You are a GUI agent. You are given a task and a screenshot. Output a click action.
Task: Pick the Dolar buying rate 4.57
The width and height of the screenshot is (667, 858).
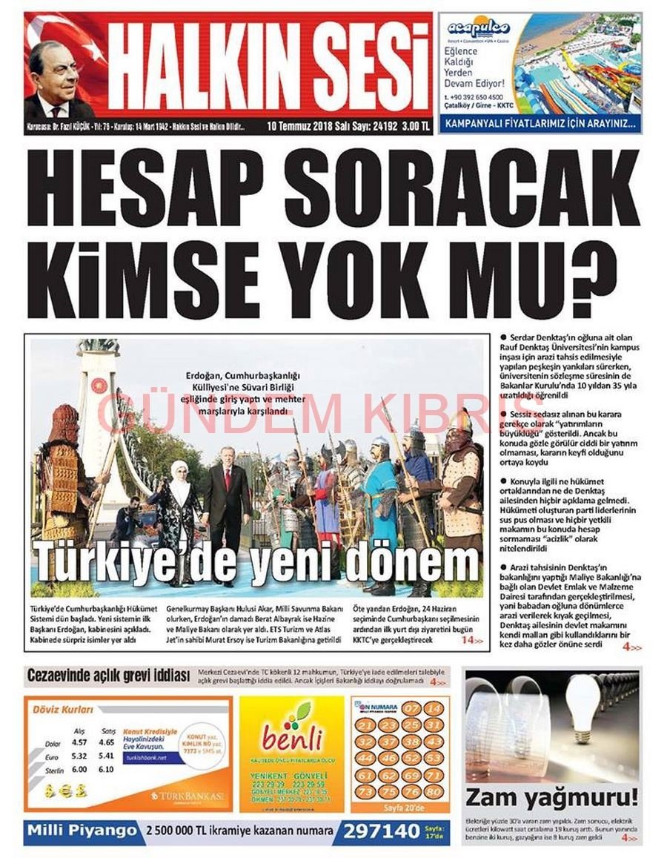point(79,742)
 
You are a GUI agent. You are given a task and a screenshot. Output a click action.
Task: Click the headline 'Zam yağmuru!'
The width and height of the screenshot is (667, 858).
point(551,798)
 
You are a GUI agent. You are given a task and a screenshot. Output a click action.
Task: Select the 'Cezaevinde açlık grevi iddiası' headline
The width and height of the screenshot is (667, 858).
point(110,676)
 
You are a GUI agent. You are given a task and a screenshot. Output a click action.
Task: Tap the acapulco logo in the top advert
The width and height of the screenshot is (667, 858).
point(479,28)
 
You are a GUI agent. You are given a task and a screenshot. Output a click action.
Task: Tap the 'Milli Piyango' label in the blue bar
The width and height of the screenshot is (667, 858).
point(82,831)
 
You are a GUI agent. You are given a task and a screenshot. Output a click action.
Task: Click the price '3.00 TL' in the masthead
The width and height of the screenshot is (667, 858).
point(415,126)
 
